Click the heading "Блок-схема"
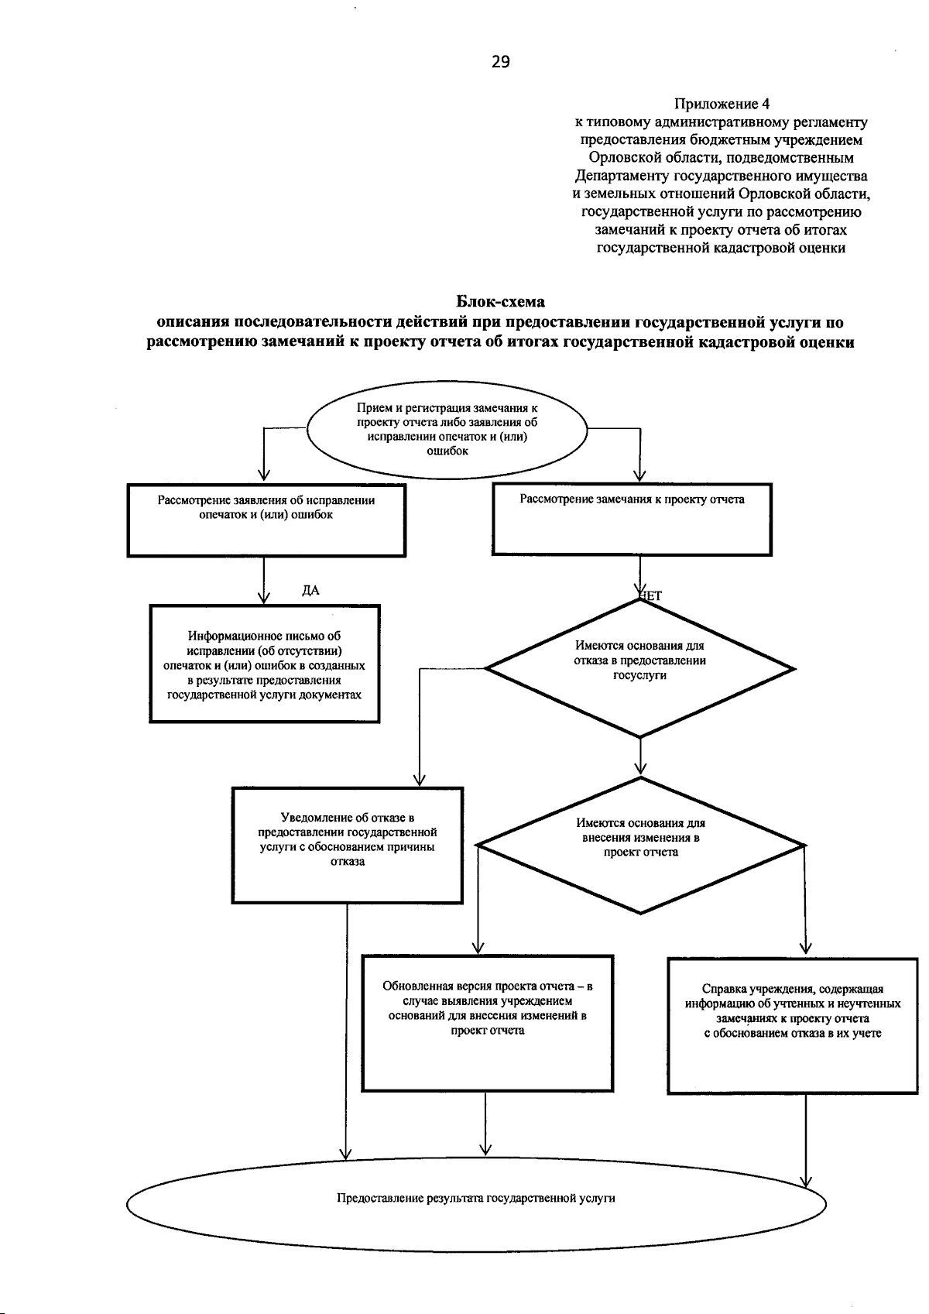[500, 301]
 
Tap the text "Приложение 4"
[722, 104]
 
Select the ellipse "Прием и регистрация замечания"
[447, 430]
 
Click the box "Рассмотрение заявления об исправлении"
[266, 520]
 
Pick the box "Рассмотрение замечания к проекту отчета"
[632, 520]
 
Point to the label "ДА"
[310, 591]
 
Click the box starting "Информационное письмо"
[265, 664]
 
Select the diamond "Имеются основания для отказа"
[639, 667]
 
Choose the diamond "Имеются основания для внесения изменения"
[640, 845]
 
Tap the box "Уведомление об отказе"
[347, 845]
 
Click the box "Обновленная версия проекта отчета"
[487, 1023]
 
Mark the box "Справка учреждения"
[793, 1025]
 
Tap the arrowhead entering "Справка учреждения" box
[805, 949]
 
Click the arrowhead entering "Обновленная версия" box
[478, 948]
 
